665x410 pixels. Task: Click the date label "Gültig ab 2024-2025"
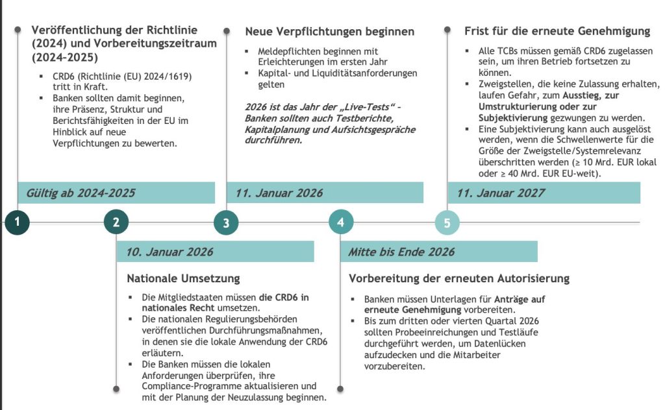(x=81, y=193)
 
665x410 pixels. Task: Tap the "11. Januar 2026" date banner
(x=279, y=193)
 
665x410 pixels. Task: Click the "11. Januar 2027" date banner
(x=501, y=193)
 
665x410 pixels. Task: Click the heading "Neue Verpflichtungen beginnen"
(x=329, y=31)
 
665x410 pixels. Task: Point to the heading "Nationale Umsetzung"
(x=183, y=278)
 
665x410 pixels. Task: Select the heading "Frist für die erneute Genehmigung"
(x=557, y=31)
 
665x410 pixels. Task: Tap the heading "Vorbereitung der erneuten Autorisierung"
(x=459, y=278)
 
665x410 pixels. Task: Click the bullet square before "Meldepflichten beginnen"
(x=247, y=51)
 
